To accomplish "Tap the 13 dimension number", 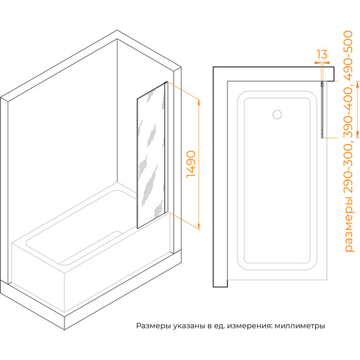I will pos(321,54).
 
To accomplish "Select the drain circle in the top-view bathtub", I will pos(276,115).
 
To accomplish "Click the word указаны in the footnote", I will pos(188,327).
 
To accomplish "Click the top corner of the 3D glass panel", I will pos(167,81).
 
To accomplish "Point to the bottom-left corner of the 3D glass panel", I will pos(136,228).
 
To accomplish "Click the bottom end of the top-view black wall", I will pos(220,286).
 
